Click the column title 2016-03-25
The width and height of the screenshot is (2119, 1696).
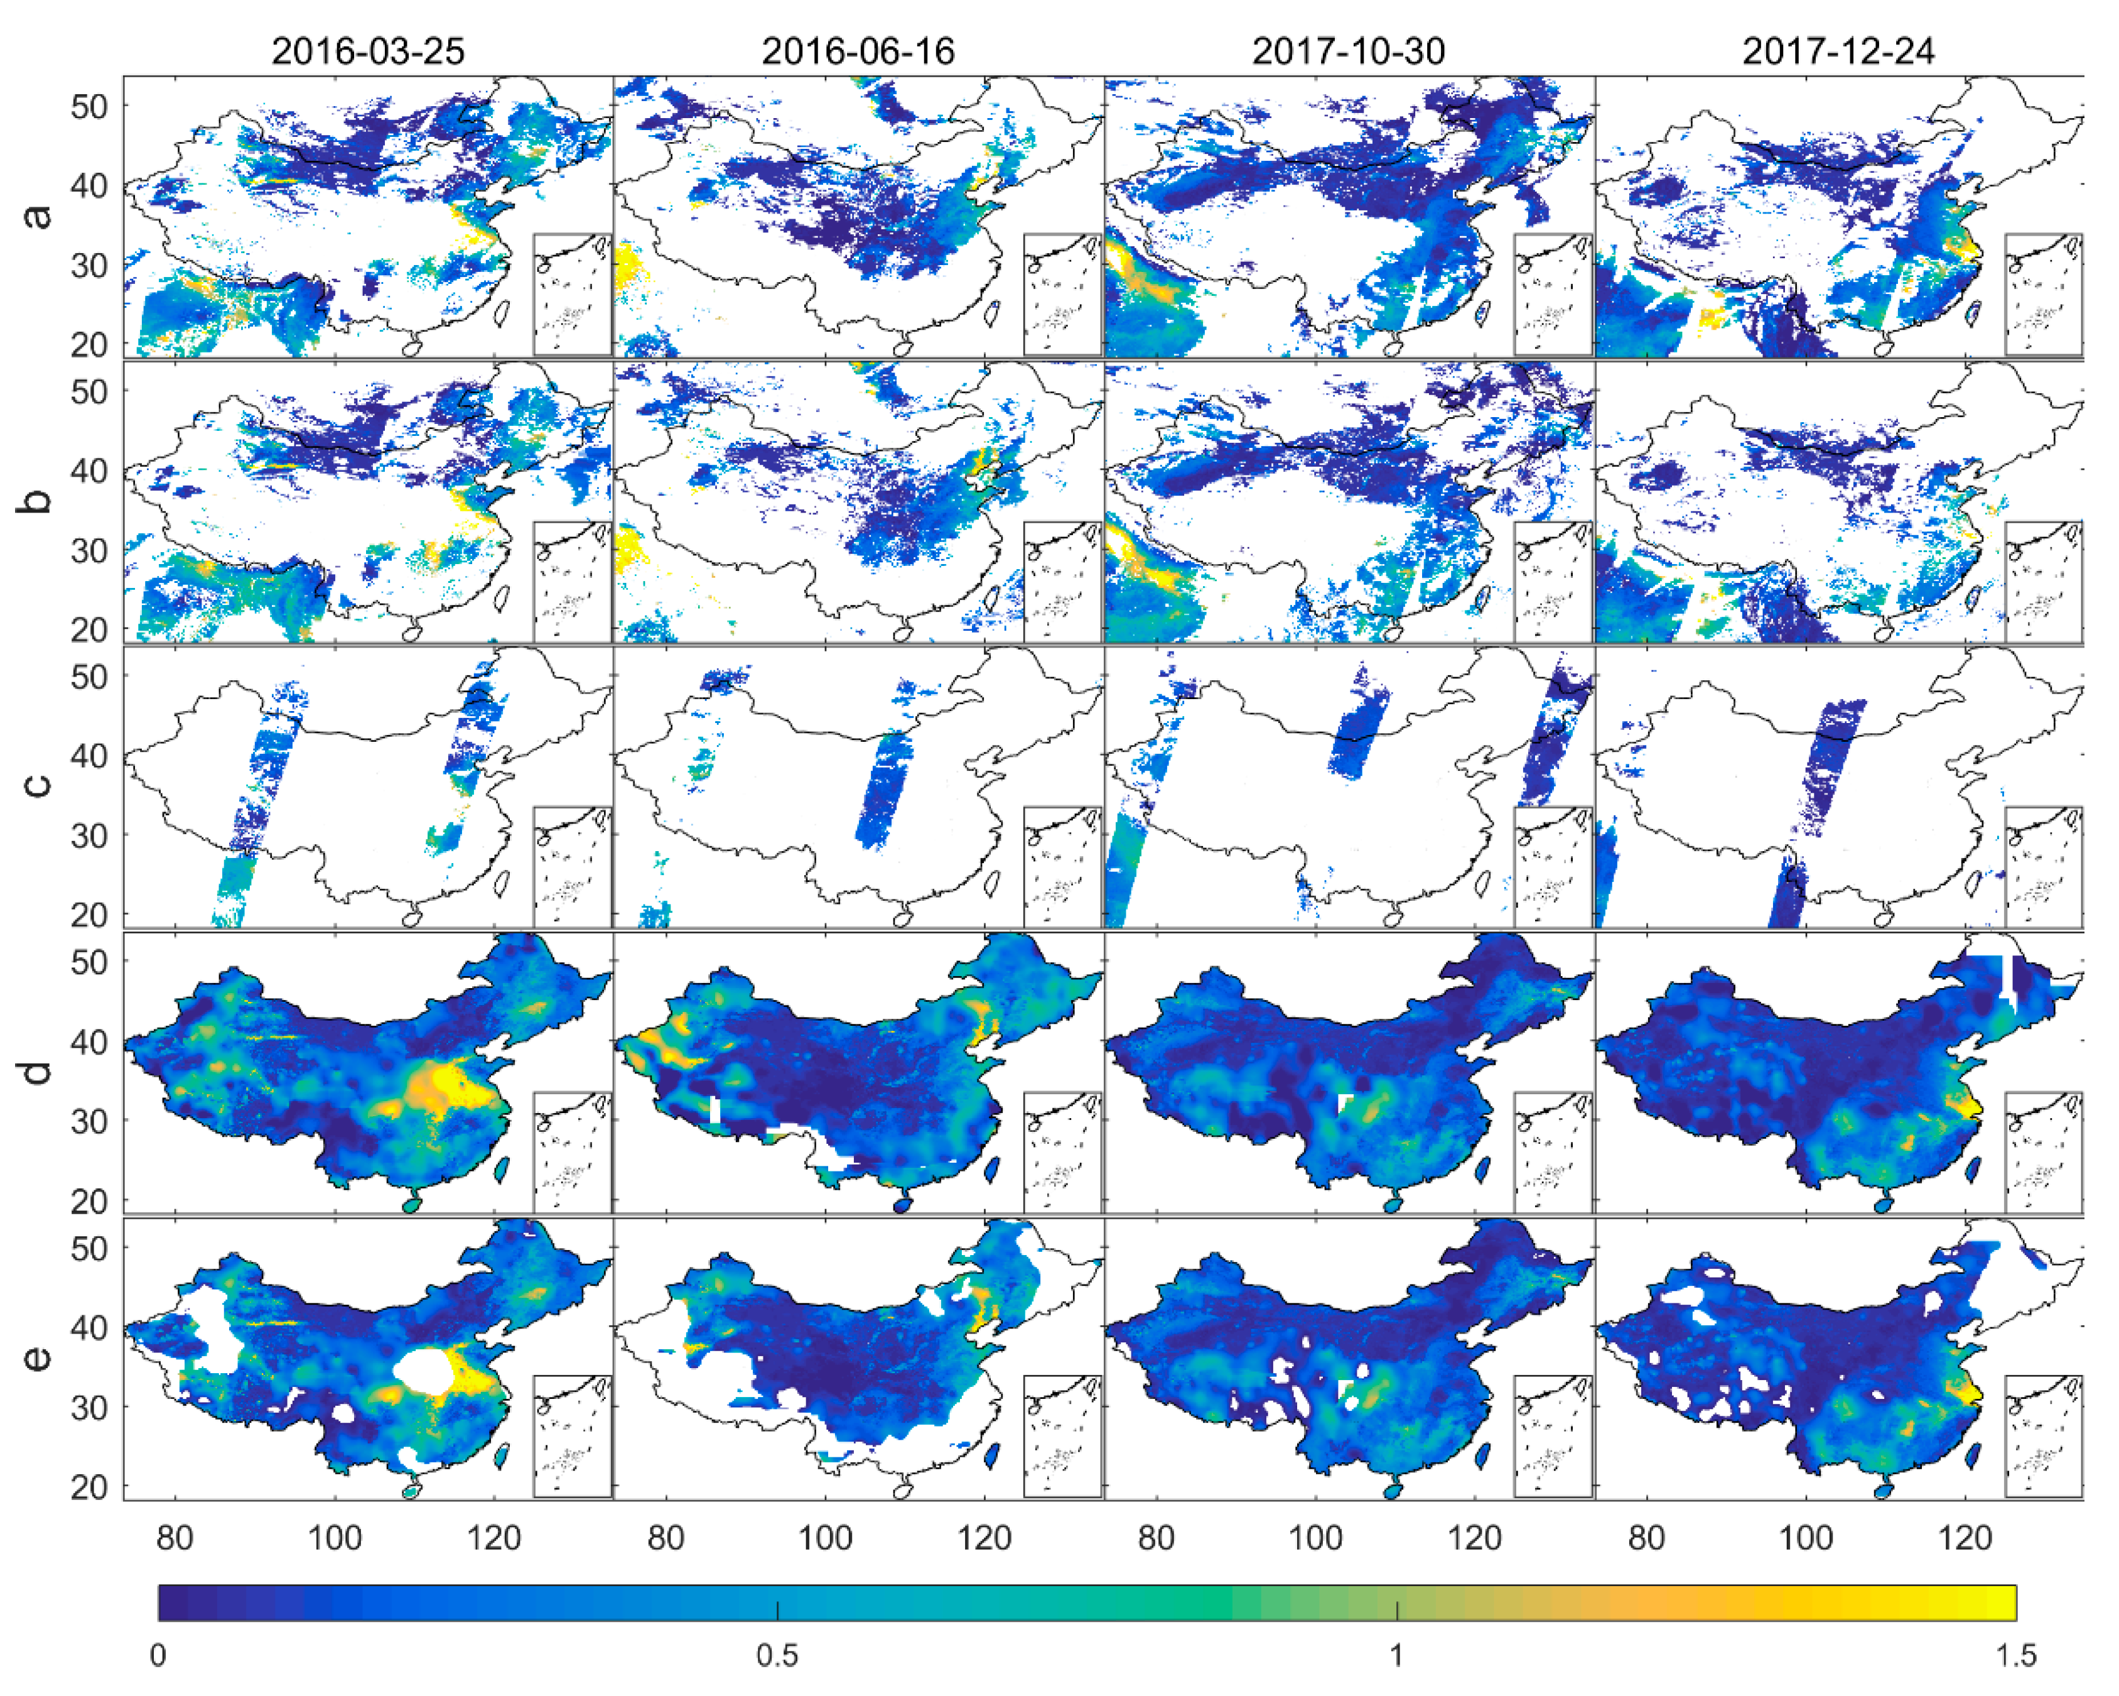point(367,51)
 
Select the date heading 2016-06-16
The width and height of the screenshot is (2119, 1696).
point(858,51)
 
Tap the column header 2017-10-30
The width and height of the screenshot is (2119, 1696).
point(1349,51)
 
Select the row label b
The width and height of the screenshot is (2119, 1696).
point(37,501)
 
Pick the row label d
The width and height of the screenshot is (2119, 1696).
point(37,1070)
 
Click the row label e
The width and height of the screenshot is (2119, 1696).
point(37,1357)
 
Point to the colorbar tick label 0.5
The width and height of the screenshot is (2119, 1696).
point(777,1656)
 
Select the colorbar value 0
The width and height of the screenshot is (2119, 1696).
point(158,1656)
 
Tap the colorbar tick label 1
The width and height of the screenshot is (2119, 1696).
point(1396,1656)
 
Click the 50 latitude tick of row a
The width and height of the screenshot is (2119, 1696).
point(89,106)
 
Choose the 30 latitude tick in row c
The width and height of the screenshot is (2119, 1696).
point(89,835)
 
